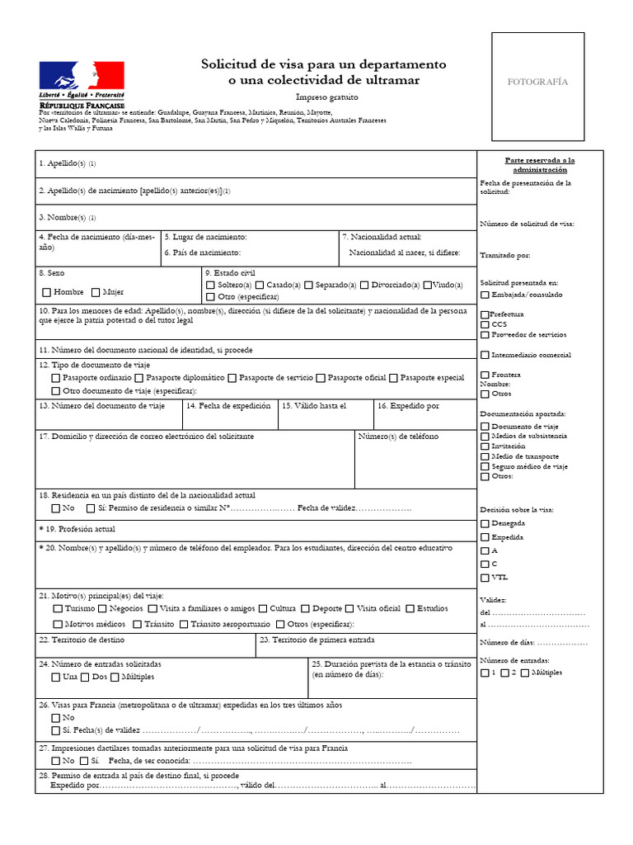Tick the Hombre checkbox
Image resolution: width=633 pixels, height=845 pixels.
(x=46, y=292)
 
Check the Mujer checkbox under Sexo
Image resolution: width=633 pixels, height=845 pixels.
(x=96, y=292)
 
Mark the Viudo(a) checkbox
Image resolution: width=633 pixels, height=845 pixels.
(x=428, y=285)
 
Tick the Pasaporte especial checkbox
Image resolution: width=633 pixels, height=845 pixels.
(x=393, y=378)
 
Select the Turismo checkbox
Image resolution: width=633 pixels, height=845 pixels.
(x=57, y=608)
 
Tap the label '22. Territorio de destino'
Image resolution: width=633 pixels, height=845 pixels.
(x=82, y=640)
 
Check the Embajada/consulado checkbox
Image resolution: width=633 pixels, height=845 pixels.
(x=484, y=295)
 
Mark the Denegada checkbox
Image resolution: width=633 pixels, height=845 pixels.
(x=484, y=524)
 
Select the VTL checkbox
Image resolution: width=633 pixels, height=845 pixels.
(x=484, y=577)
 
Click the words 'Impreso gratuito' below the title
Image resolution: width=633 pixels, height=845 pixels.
(x=323, y=97)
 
